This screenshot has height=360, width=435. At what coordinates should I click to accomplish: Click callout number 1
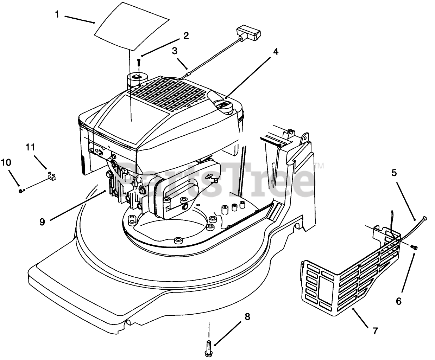pos(57,14)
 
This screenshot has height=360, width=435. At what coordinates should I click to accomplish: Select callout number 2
pos(186,36)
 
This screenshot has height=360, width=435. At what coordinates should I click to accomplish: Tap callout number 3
pos(175,51)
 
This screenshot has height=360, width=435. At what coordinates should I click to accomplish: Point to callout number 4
pos(275,52)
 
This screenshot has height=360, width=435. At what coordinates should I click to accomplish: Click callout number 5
pos(394,173)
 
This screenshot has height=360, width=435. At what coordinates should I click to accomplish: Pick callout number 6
pos(399,301)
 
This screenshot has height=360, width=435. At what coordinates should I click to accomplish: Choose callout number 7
pos(376,330)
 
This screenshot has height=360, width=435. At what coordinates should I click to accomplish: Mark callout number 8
pos(247,317)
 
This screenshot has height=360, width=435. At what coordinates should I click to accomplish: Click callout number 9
pos(42,222)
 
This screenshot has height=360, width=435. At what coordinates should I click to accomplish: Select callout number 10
pos(6,162)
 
